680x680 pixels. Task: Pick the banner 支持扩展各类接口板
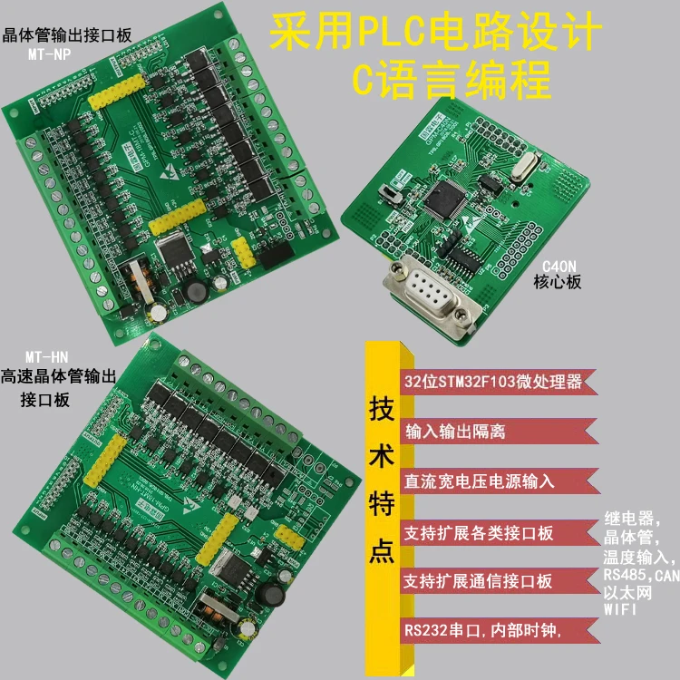[479, 531]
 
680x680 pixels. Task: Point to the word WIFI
[620, 610]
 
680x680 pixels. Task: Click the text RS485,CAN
[640, 575]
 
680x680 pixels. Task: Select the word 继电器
[629, 520]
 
